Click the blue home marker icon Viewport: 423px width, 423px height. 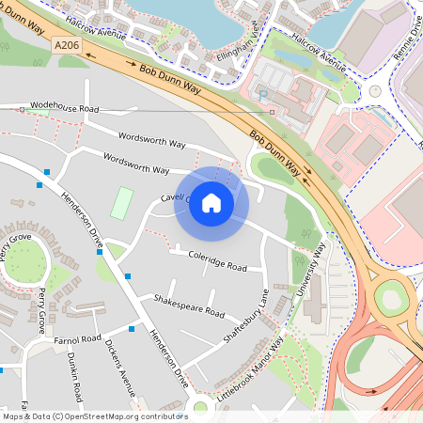[x=211, y=203]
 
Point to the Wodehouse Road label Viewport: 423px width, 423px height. [x=64, y=109]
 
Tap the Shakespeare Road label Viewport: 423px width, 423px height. [x=189, y=305]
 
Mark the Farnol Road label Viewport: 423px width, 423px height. [x=77, y=338]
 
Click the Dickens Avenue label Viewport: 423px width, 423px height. [x=120, y=360]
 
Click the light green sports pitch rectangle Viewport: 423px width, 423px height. [x=121, y=203]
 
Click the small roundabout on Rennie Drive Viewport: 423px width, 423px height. [x=375, y=91]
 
